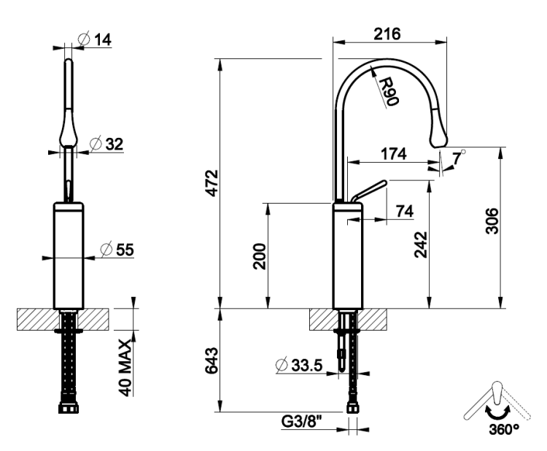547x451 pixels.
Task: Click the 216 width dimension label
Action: tap(387, 34)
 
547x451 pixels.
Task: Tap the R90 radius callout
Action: tap(388, 92)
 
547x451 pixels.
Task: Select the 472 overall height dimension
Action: tap(212, 183)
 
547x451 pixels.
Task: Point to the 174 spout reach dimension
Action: tap(394, 153)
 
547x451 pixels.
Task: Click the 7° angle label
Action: tap(459, 158)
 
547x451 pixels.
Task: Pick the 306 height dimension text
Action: tap(492, 220)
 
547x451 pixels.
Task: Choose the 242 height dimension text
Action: tap(421, 244)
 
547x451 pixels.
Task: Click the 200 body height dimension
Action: tap(259, 256)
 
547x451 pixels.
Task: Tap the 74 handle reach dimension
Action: tap(405, 211)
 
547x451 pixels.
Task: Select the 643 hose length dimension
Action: tap(212, 361)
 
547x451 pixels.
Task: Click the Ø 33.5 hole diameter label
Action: tap(299, 365)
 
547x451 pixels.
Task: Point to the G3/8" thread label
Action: tap(301, 422)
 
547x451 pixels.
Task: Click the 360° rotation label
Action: tap(504, 429)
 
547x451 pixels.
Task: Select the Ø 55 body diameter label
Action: tap(117, 250)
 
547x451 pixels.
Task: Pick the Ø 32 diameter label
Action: tap(106, 144)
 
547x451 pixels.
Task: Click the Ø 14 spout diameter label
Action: tap(95, 39)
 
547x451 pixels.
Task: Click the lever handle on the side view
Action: tap(369, 191)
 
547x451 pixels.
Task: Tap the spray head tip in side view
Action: tap(439, 142)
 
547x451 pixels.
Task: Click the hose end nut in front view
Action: tap(69, 408)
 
